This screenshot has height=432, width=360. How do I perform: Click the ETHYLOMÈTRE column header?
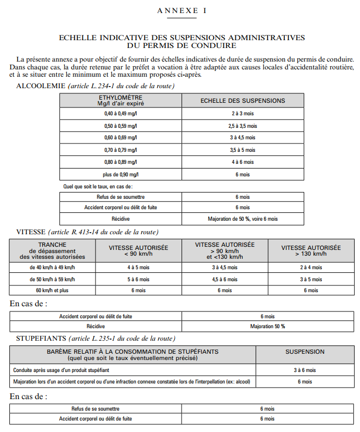[121, 100]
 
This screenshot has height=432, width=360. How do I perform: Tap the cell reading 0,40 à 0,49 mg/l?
[121, 113]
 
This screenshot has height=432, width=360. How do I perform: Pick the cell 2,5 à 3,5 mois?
[243, 126]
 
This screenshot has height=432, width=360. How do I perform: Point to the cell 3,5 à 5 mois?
[243, 150]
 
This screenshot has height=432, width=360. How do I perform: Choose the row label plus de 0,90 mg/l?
[121, 174]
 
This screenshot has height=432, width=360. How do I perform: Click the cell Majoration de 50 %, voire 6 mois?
[243, 219]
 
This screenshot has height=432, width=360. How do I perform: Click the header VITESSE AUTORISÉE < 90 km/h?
[138, 250]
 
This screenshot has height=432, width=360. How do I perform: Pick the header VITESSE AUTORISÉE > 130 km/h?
[311, 250]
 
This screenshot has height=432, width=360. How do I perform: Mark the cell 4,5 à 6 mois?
[225, 279]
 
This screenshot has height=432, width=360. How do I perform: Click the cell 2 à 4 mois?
[311, 267]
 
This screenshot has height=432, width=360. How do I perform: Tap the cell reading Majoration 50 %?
[268, 327]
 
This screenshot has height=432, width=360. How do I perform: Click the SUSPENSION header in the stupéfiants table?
[305, 352]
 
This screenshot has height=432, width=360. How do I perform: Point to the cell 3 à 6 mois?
[305, 370]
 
